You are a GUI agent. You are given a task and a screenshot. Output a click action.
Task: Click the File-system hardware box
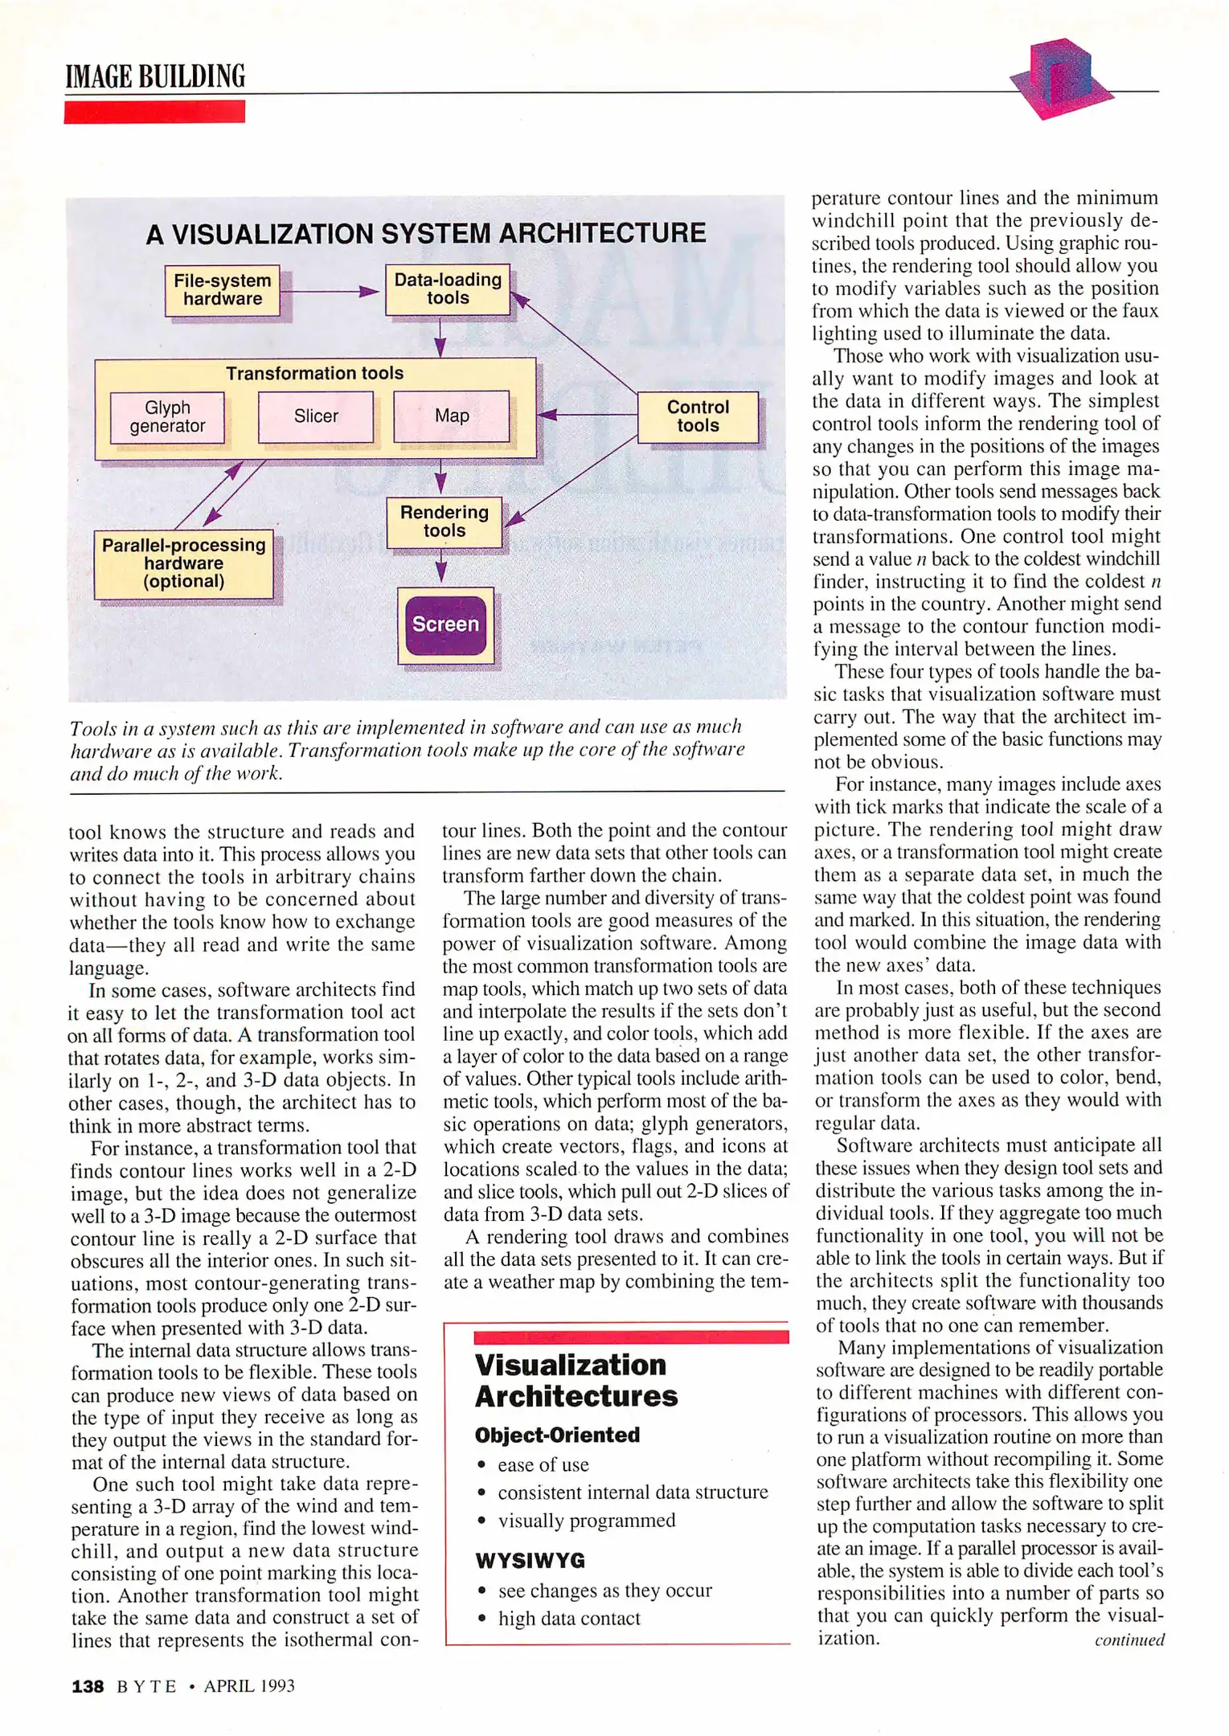point(223,290)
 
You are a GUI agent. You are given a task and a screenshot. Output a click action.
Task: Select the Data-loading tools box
point(448,289)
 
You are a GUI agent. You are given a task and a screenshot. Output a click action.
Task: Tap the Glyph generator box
point(167,417)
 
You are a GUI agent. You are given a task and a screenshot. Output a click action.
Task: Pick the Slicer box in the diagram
point(316,416)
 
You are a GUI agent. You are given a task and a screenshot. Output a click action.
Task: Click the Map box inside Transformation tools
point(452,416)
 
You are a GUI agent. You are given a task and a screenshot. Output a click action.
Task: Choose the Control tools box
point(698,416)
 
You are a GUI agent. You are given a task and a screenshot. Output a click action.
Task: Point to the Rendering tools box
point(444,522)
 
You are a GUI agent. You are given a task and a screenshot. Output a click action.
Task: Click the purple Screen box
point(445,624)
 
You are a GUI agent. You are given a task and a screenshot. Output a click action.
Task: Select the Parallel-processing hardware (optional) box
point(183,563)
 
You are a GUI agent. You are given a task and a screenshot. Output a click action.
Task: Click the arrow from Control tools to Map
point(587,415)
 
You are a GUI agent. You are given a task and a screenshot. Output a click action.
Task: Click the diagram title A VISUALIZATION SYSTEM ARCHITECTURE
point(426,234)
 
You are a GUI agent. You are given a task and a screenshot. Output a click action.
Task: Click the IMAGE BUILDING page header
point(155,76)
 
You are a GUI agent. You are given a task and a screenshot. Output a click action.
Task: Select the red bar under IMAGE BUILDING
point(154,112)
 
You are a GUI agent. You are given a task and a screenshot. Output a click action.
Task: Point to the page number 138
point(88,1686)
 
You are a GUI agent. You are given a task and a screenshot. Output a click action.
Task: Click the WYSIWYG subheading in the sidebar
point(531,1561)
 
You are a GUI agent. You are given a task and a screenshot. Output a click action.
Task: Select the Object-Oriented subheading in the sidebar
point(557,1435)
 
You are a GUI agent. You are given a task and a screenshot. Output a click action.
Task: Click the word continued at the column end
point(1129,1640)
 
